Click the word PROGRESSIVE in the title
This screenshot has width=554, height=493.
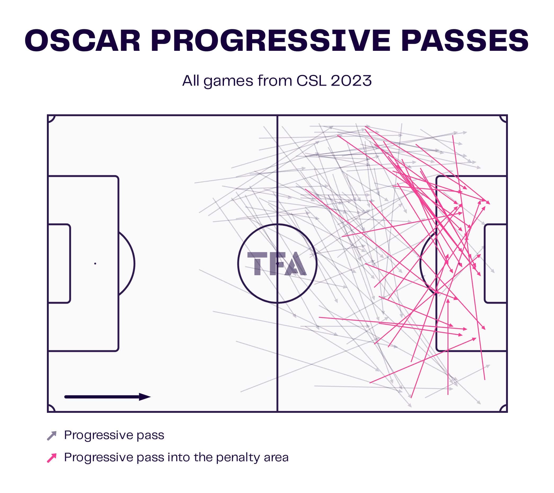click(271, 40)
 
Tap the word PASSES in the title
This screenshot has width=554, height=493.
click(465, 40)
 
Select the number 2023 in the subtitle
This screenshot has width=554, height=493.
click(351, 81)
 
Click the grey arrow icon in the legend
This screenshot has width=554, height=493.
click(52, 436)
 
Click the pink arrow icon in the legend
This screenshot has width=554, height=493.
click(52, 458)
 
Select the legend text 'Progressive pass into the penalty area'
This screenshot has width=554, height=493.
click(176, 457)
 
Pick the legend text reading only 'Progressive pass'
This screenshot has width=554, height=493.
click(114, 435)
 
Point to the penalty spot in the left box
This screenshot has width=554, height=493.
click(95, 264)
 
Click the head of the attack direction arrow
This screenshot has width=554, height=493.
click(145, 397)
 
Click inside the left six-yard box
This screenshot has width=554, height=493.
click(59, 264)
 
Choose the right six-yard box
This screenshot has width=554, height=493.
click(495, 264)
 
